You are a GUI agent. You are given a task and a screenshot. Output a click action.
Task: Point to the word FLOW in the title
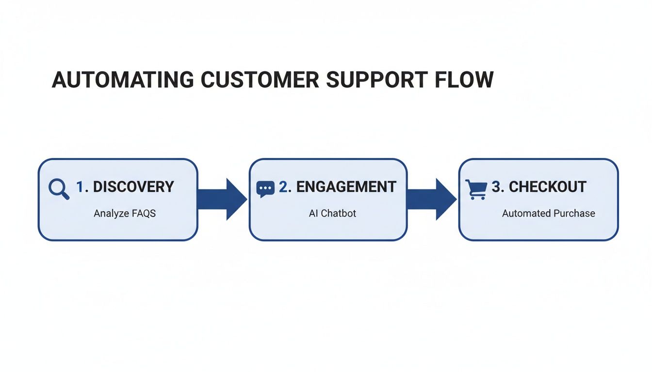466,80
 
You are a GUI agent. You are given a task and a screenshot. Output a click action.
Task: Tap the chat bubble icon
265,189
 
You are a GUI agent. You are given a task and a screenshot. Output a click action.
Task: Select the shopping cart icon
476,189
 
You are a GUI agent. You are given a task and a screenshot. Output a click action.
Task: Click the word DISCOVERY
133,187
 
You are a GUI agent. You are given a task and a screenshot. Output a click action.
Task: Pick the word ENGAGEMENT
346,187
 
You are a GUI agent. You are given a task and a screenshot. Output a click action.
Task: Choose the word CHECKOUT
548,187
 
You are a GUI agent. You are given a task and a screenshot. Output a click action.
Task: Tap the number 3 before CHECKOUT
496,187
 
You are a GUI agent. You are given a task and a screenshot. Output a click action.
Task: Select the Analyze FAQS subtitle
125,214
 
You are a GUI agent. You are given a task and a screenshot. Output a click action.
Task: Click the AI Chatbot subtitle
332,214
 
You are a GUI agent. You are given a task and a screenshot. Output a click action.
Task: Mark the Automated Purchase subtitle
548,214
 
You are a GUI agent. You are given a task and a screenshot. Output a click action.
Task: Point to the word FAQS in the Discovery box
144,214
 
